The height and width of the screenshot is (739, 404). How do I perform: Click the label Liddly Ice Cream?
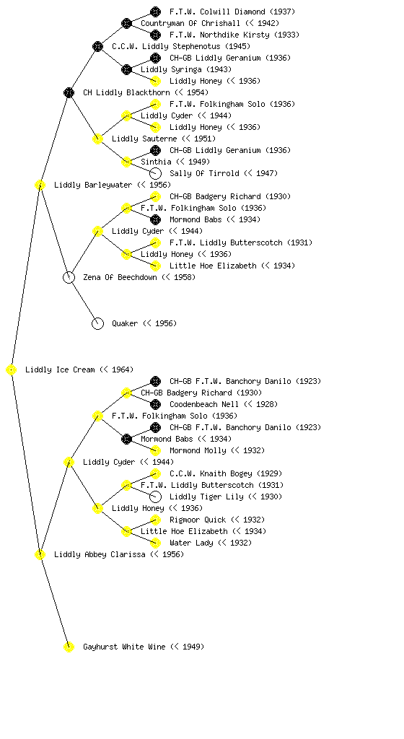pyautogui.click(x=60, y=369)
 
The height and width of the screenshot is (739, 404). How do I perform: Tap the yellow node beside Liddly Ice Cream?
pyautogui.click(x=12, y=370)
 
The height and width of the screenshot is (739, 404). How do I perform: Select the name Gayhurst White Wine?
pyautogui.click(x=124, y=647)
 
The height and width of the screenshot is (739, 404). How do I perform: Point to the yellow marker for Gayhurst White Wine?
pyautogui.click(x=69, y=647)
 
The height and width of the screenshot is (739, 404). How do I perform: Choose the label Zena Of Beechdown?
pyautogui.click(x=120, y=277)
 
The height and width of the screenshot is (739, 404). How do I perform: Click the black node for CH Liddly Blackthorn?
pyautogui.click(x=69, y=92)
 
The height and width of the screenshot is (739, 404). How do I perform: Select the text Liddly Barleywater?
pyautogui.click(x=93, y=185)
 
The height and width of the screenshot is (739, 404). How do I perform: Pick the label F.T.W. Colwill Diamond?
pyautogui.click(x=218, y=12)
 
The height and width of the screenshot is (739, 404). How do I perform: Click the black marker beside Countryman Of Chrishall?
pyautogui.click(x=126, y=23)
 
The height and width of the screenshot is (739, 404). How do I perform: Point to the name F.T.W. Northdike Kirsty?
pyautogui.click(x=219, y=35)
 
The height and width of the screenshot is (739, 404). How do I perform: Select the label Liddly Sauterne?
pyautogui.click(x=144, y=139)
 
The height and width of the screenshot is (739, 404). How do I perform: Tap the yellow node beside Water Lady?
pyautogui.click(x=155, y=543)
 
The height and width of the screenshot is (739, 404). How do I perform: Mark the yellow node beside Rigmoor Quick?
pyautogui.click(x=155, y=520)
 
